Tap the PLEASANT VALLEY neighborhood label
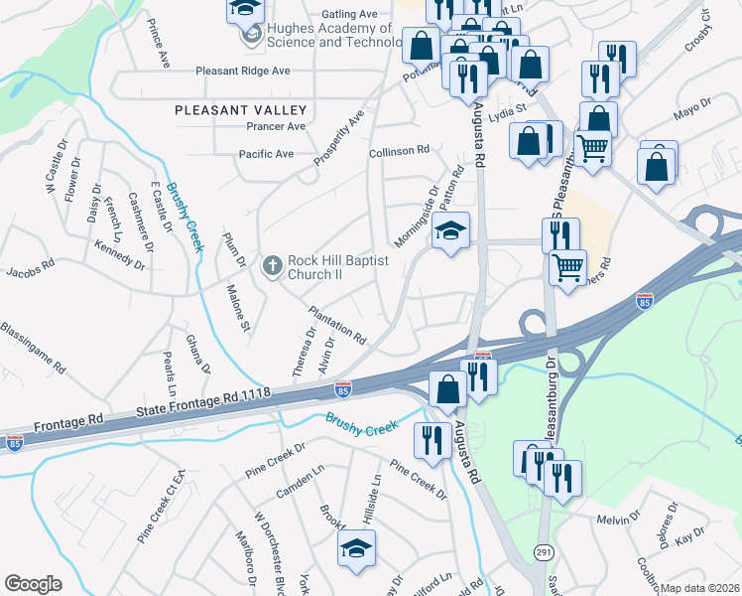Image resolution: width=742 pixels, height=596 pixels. (x=241, y=110)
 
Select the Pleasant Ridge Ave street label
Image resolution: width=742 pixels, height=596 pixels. (x=243, y=72)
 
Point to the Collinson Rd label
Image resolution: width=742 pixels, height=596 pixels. (x=398, y=150)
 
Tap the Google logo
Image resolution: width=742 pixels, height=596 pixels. (x=32, y=584)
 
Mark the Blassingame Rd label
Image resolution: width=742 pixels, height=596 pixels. (x=33, y=347)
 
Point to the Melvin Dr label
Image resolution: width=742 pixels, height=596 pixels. (x=622, y=519)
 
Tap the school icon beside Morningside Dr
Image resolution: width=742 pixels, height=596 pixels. (x=451, y=232)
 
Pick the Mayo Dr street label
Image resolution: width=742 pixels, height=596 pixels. (x=693, y=110)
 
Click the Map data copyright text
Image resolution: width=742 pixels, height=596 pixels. (x=700, y=588)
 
